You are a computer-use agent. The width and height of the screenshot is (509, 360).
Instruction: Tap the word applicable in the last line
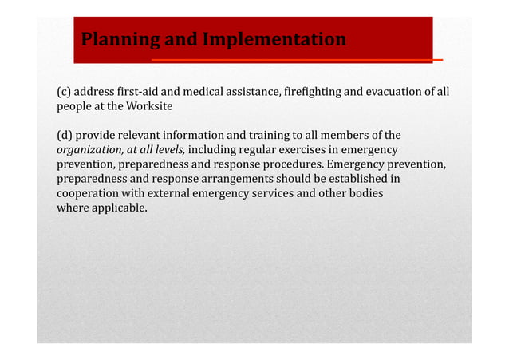pyautogui.click(x=119, y=208)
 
